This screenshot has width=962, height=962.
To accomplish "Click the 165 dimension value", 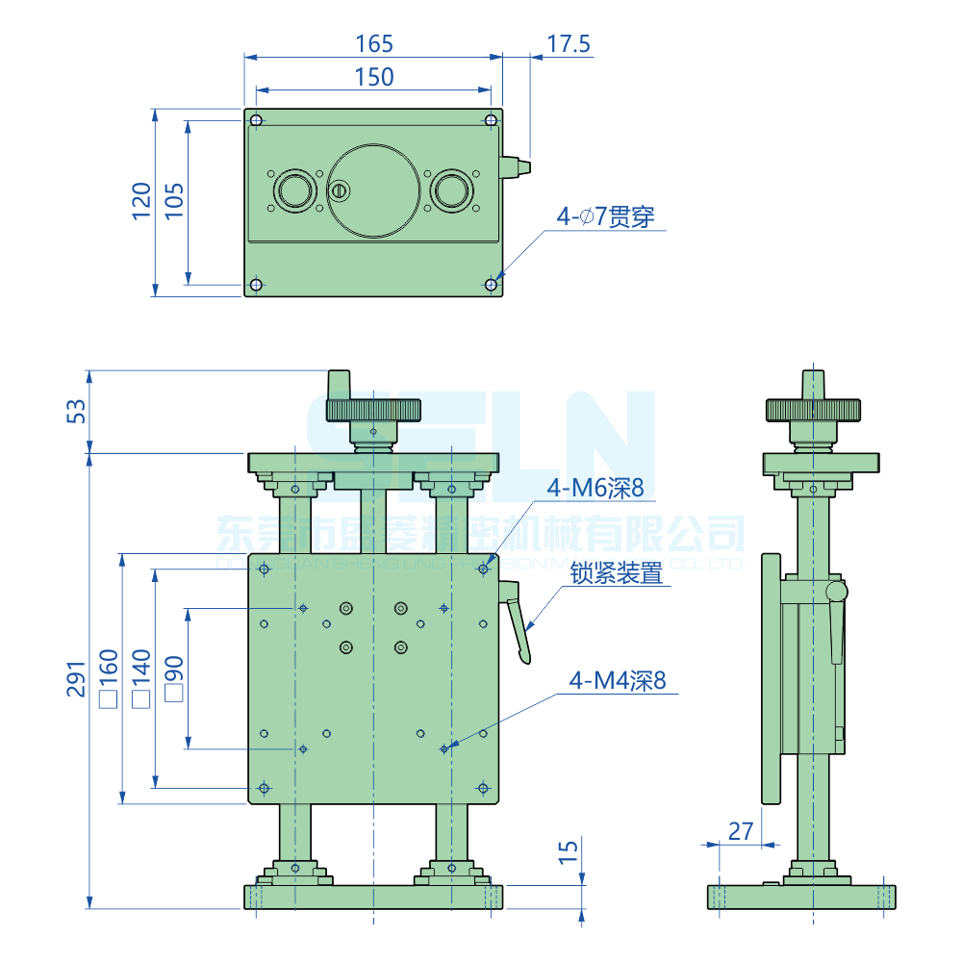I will (374, 43).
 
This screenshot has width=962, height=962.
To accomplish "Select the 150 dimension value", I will (374, 77).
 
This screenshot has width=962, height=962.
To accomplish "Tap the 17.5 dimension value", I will (569, 43).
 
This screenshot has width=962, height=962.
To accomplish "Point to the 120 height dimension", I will (141, 201).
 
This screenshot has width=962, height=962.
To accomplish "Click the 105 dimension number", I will (173, 201).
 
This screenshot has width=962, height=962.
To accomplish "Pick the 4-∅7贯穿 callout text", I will (605, 216).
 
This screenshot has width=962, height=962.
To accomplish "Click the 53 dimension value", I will (76, 411).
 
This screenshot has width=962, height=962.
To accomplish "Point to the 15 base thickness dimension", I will (569, 850).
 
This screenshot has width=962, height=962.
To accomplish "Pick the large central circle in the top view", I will (373, 190).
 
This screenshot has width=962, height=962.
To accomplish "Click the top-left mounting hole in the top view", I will (256, 120).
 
